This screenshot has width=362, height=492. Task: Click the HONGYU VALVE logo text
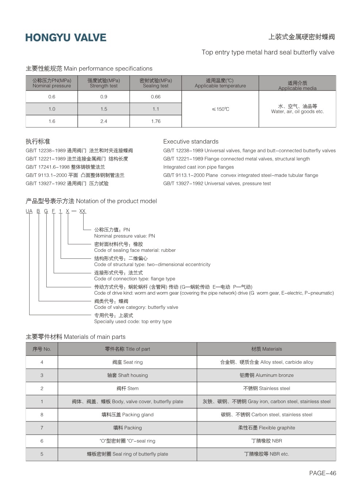pyautogui.click(x=66, y=38)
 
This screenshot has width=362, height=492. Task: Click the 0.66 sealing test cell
pyautogui.click(x=155, y=97)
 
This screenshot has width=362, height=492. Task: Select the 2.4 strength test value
pyautogui.click(x=104, y=121)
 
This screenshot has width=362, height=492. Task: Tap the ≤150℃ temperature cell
pyautogui.click(x=220, y=109)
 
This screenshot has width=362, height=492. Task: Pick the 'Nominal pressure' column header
pyautogui.click(x=52, y=83)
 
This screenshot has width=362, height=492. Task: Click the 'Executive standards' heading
pyautogui.click(x=191, y=141)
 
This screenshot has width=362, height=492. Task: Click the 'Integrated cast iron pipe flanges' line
pyautogui.click(x=199, y=167)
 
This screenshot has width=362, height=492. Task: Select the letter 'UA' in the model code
pyautogui.click(x=29, y=211)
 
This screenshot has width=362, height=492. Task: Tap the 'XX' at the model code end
pyautogui.click(x=82, y=211)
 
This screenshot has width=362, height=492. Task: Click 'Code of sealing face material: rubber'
pyautogui.click(x=135, y=250)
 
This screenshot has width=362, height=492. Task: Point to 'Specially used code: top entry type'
pyautogui.click(x=133, y=322)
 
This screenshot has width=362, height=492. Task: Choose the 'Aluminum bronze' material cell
pyautogui.click(x=266, y=375)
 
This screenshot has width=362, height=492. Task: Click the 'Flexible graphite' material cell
pyautogui.click(x=266, y=428)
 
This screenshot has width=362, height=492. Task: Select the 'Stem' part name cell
pyautogui.click(x=127, y=389)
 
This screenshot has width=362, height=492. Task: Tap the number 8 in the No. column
pyautogui.click(x=42, y=415)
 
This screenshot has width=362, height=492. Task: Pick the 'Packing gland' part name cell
pyautogui.click(x=127, y=415)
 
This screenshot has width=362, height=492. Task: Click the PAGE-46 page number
pyautogui.click(x=323, y=473)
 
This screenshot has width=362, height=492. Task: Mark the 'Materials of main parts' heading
pyautogui.click(x=76, y=337)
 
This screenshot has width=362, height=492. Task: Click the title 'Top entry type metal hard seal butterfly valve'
pyautogui.click(x=268, y=52)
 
